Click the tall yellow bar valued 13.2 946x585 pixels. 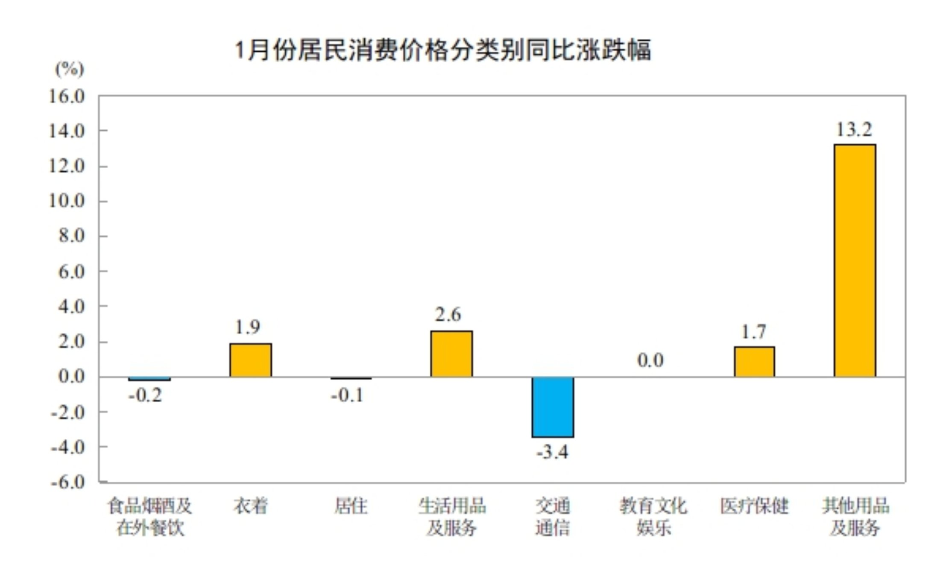(x=855, y=260)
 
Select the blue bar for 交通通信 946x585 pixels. (x=553, y=407)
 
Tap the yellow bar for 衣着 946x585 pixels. (x=251, y=360)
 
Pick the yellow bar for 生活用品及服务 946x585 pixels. (x=451, y=354)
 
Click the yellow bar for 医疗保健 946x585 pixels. (x=754, y=362)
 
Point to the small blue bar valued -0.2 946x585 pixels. (x=149, y=379)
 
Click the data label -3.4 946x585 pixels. (x=552, y=452)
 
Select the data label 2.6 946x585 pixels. (x=448, y=315)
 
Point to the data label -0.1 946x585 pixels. (x=347, y=395)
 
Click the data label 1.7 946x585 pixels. (x=754, y=332)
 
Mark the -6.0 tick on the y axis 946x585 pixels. (x=68, y=483)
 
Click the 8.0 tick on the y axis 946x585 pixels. (x=72, y=236)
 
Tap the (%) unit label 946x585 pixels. (x=70, y=69)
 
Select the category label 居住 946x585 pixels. (x=351, y=506)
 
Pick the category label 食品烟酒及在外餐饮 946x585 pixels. (x=150, y=517)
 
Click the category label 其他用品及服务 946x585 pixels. (x=855, y=517)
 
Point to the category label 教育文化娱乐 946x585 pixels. (x=653, y=517)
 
